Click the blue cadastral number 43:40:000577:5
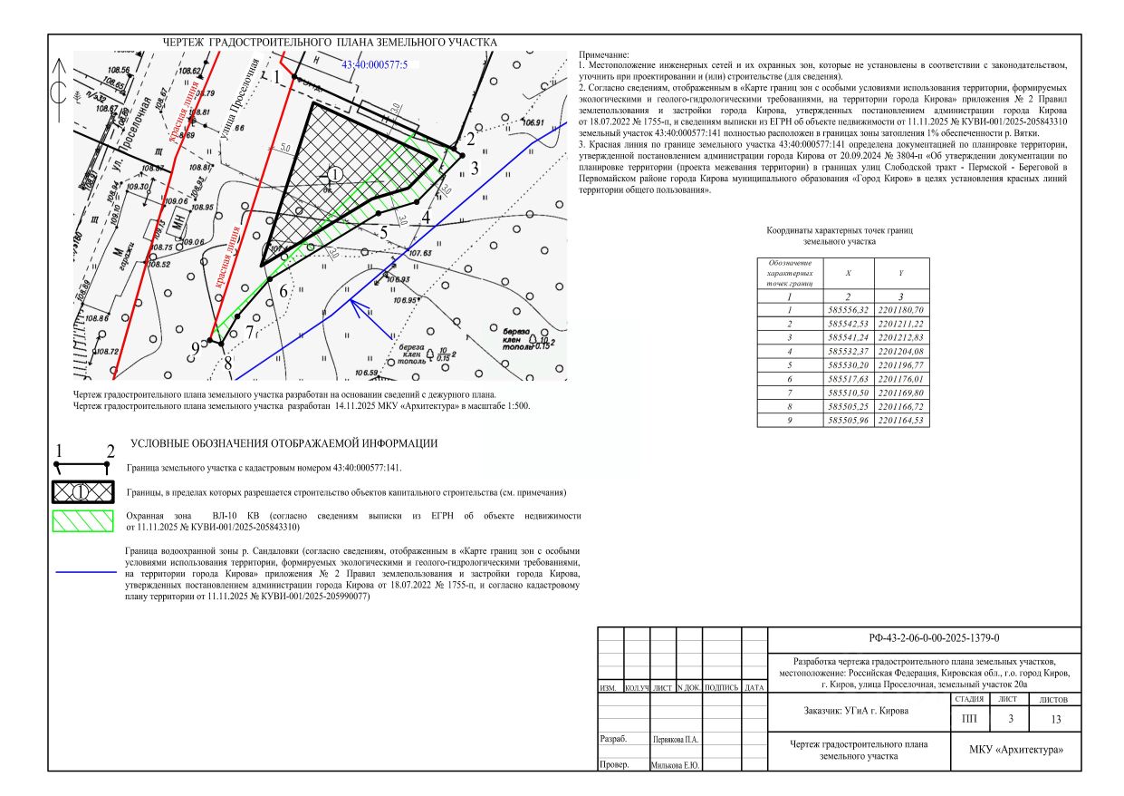[375, 65]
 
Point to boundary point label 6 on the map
[283, 291]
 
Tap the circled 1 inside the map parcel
[334, 173]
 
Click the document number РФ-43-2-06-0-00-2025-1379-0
[923, 638]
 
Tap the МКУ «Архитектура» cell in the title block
[1016, 750]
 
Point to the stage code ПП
[968, 719]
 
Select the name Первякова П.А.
[676, 739]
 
